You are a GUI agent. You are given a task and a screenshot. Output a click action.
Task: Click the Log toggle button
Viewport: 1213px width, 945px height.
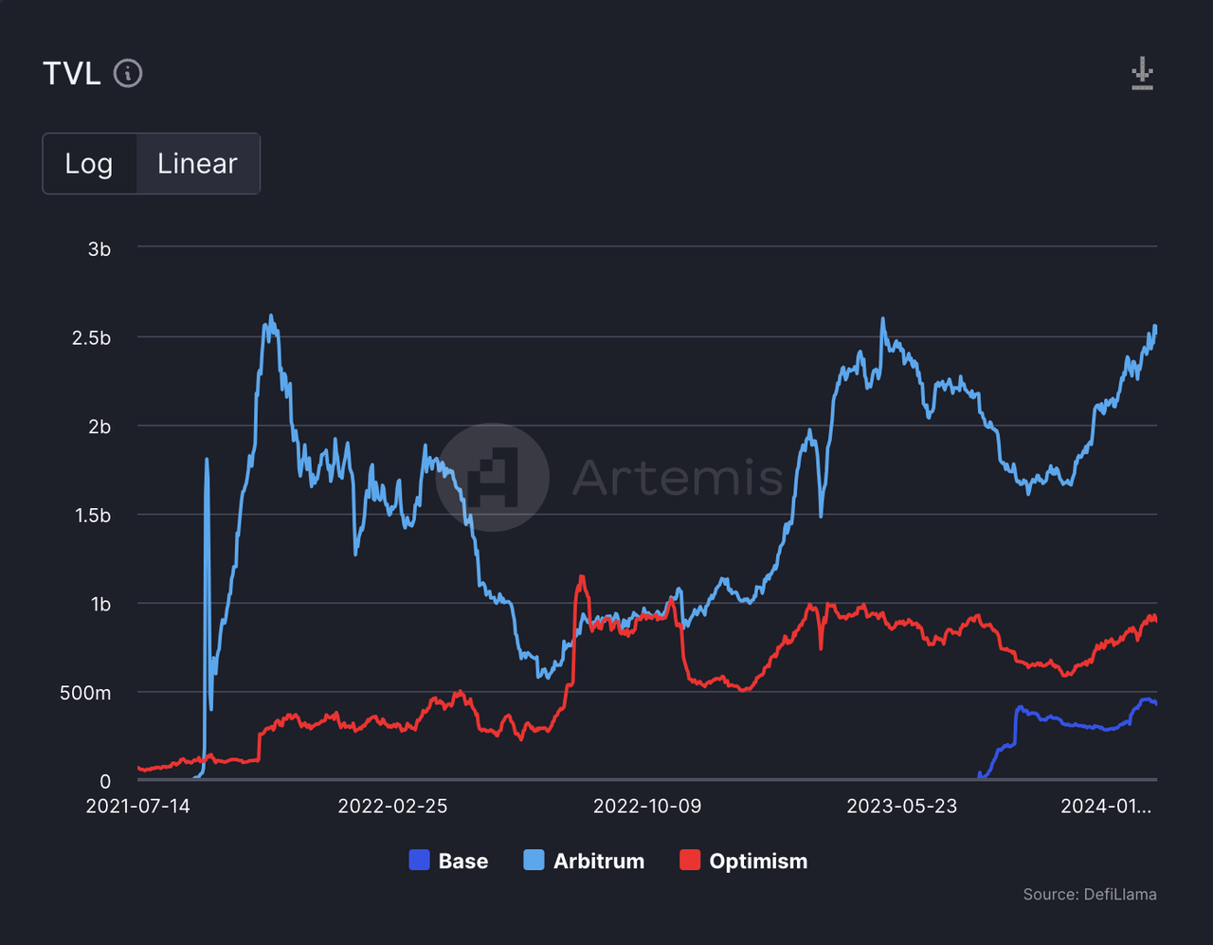pos(89,164)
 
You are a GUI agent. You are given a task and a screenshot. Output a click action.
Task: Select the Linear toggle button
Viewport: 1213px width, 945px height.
pos(197,164)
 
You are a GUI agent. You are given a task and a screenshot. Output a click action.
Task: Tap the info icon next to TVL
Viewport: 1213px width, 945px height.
pos(128,73)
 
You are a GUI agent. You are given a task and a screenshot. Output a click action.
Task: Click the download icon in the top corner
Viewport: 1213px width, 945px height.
pos(1142,73)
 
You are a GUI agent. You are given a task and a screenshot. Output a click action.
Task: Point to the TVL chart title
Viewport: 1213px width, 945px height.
pos(72,73)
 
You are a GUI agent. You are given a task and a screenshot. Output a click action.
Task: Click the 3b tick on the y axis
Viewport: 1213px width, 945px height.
pos(100,249)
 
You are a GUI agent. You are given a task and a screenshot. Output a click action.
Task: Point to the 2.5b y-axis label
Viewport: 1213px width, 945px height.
pos(91,338)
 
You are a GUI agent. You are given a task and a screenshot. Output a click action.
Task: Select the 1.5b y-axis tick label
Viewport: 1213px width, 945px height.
pos(93,516)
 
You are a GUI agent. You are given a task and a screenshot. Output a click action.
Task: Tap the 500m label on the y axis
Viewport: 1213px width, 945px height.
pos(85,693)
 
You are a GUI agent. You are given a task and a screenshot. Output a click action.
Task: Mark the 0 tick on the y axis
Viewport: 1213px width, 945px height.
pos(105,782)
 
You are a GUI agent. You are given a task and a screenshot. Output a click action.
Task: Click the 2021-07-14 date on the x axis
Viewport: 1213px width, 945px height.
pos(138,807)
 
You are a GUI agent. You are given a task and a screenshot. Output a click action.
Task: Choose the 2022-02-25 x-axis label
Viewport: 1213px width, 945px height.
pos(392,807)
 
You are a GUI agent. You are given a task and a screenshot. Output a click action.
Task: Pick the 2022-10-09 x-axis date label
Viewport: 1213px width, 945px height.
pos(647,807)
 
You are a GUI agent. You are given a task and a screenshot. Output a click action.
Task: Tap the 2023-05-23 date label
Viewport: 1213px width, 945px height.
pos(901,807)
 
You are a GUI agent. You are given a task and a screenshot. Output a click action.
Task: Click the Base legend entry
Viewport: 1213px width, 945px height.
pos(449,861)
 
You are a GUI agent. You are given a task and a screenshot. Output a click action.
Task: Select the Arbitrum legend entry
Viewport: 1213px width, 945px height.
pos(584,861)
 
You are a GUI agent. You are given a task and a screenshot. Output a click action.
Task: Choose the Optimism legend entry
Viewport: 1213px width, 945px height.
pos(744,861)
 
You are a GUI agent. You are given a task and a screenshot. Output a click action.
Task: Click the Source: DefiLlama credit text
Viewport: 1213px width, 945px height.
pos(1089,894)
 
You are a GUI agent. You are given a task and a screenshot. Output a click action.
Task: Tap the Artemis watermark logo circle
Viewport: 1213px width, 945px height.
pos(493,477)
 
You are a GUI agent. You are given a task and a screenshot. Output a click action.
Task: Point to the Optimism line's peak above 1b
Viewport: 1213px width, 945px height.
pos(582,576)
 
